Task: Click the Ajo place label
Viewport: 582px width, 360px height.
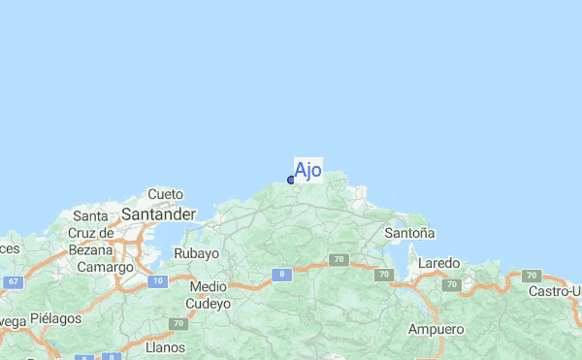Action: pos(307,171)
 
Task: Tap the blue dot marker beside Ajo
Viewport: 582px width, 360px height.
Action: pos(291,180)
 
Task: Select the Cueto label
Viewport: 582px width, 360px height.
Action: pos(165,194)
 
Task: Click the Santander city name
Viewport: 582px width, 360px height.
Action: pos(158,213)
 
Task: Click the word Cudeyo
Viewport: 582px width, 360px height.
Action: pos(210,304)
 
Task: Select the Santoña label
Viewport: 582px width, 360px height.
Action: pos(409,233)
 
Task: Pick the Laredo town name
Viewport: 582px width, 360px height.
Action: pos(438,263)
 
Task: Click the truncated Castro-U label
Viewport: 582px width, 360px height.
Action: pos(554,291)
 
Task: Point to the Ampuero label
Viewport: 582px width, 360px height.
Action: pos(436,330)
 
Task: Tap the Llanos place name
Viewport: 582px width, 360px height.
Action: pos(164,346)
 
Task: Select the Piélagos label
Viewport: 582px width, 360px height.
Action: pos(56,317)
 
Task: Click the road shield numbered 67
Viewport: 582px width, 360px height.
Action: pos(13,281)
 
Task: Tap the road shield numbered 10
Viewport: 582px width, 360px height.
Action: pos(158,281)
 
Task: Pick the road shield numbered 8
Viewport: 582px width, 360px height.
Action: pos(281,275)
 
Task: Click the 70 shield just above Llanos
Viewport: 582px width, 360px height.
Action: pos(178,323)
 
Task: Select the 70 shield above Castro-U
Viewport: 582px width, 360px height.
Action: pos(530,277)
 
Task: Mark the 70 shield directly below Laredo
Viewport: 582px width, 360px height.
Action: pos(451,284)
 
